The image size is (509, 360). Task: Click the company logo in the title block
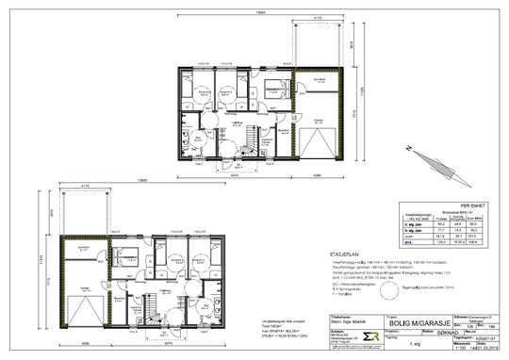tap(279, 337)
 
